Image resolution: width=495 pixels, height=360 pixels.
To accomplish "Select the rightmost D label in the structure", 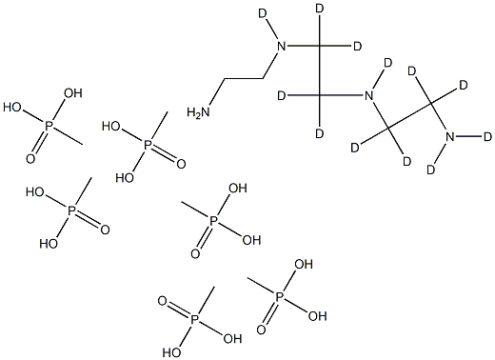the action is tap(487, 136).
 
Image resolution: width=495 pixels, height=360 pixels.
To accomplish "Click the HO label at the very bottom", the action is tap(169, 350).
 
